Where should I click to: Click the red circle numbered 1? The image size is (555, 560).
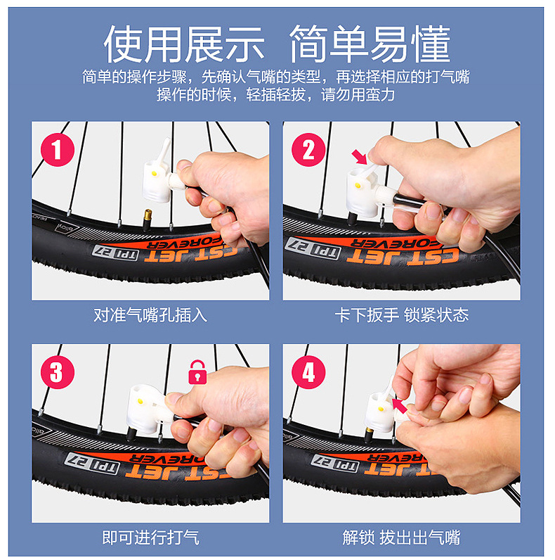tap(58, 150)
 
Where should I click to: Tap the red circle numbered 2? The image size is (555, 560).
tap(308, 150)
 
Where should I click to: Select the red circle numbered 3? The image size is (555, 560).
tap(58, 372)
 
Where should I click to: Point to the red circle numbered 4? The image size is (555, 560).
tap(308, 372)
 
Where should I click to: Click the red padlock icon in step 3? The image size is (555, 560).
tap(197, 372)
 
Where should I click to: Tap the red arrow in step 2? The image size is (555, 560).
tap(359, 157)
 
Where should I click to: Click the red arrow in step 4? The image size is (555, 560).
tap(400, 406)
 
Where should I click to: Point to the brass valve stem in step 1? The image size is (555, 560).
tap(148, 219)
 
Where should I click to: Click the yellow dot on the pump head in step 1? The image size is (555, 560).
tap(154, 174)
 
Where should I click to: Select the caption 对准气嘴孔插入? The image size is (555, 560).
tap(150, 315)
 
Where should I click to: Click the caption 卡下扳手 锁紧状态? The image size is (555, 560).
tap(402, 315)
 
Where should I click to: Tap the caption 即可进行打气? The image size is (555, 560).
tap(150, 537)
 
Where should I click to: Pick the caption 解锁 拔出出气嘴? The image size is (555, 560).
tap(402, 537)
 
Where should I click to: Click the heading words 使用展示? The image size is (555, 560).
tap(184, 44)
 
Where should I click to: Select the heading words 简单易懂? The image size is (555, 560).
tap(370, 44)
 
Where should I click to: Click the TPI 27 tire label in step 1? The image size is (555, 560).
tap(115, 253)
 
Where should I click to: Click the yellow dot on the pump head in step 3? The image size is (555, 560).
tap(141, 402)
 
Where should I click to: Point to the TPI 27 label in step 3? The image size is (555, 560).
tap(92, 463)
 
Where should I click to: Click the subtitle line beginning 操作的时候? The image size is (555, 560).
tap(275, 95)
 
